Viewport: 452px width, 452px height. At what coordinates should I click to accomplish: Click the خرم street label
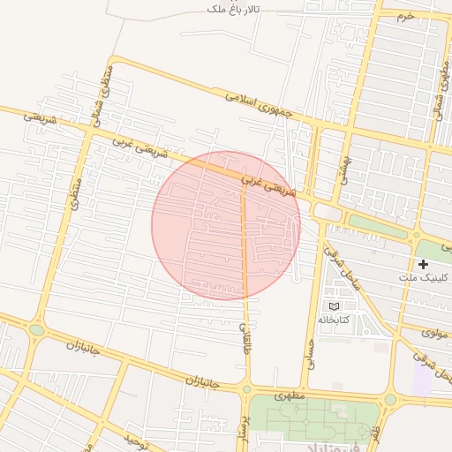click(404, 16)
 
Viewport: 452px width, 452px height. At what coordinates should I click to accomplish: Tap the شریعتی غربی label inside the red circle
click(275, 183)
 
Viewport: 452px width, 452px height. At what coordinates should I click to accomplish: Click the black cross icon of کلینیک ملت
click(424, 264)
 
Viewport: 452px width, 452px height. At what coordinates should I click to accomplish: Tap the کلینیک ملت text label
click(424, 277)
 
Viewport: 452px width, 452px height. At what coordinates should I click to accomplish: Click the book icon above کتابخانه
click(333, 305)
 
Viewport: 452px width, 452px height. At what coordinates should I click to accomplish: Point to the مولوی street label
click(432, 333)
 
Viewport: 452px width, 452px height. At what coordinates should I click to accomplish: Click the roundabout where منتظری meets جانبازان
click(36, 330)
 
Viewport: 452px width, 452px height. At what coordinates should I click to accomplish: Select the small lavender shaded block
click(422, 379)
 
